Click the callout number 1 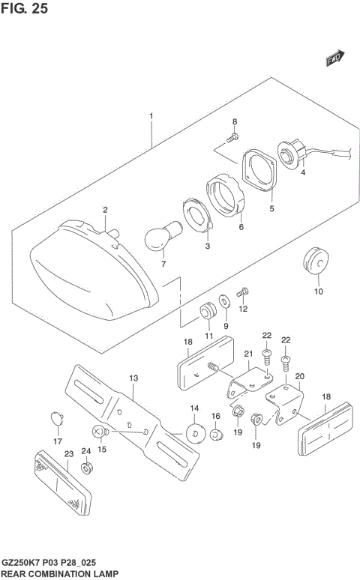tap(151, 117)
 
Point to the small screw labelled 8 tap(232, 137)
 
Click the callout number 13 tap(133, 378)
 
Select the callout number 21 tap(248, 353)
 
